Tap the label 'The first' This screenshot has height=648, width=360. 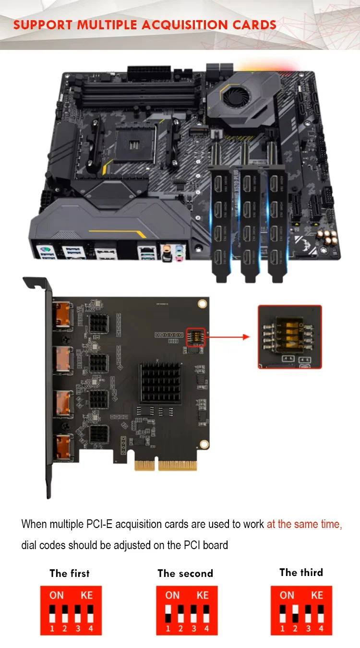(x=70, y=573)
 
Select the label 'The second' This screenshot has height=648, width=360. (x=185, y=573)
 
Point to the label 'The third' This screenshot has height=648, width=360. (x=301, y=572)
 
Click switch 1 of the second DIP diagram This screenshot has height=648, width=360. (x=168, y=613)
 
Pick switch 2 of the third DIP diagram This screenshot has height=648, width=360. (x=295, y=613)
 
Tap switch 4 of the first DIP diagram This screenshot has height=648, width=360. (x=90, y=613)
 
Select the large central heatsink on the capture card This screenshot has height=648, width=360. (x=161, y=383)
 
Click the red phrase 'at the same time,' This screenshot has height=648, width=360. (x=304, y=524)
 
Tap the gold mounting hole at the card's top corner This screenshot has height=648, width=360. (x=202, y=303)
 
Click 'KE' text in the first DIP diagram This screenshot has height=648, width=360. (x=86, y=595)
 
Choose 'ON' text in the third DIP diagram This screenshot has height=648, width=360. (x=287, y=595)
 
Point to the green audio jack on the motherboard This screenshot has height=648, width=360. (x=179, y=250)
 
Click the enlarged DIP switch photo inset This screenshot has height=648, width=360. (x=289, y=336)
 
